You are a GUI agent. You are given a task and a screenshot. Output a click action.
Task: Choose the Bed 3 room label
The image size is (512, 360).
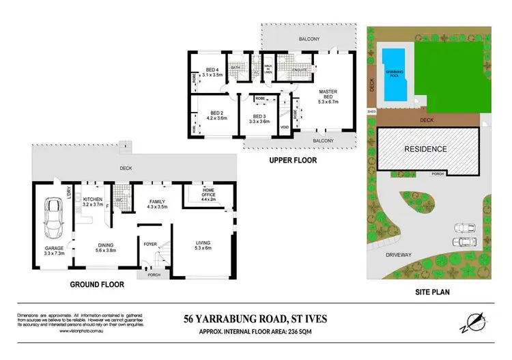260,117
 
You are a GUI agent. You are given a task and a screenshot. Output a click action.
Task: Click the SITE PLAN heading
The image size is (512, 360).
435,292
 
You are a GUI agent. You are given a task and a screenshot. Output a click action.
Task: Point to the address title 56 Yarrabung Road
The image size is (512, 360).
255,318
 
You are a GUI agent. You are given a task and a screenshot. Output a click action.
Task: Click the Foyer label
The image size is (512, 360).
150,243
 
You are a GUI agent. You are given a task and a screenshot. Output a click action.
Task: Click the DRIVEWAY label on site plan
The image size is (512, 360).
399,254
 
